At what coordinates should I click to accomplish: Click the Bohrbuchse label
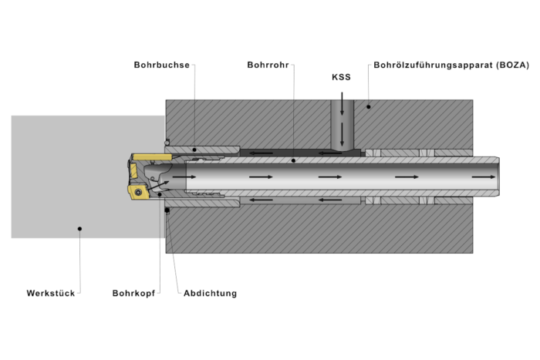(x=161, y=65)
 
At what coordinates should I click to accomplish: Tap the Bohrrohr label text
(x=268, y=65)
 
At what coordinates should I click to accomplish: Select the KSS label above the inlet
(x=341, y=77)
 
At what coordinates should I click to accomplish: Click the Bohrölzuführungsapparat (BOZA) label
(x=451, y=65)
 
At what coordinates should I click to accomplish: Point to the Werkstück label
(x=51, y=293)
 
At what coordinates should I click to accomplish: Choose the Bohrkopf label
(x=133, y=293)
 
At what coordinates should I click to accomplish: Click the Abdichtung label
(x=210, y=293)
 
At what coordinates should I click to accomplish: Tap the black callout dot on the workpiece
(x=79, y=228)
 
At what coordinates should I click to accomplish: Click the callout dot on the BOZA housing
(x=369, y=106)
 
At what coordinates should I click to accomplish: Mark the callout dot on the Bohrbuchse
(x=194, y=150)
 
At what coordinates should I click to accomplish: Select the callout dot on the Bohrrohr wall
(x=293, y=160)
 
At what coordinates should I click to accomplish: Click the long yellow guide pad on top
(x=152, y=157)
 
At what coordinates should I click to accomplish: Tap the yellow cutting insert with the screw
(x=138, y=192)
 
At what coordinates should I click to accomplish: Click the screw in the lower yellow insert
(x=138, y=192)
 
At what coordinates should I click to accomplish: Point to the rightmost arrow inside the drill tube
(x=484, y=177)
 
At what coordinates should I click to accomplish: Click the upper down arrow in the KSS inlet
(x=342, y=103)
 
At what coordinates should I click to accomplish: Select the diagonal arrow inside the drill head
(x=159, y=186)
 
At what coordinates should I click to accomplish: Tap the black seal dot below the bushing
(x=167, y=210)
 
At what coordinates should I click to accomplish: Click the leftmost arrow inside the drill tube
(x=184, y=177)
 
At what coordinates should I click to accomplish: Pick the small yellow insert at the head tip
(x=133, y=170)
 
